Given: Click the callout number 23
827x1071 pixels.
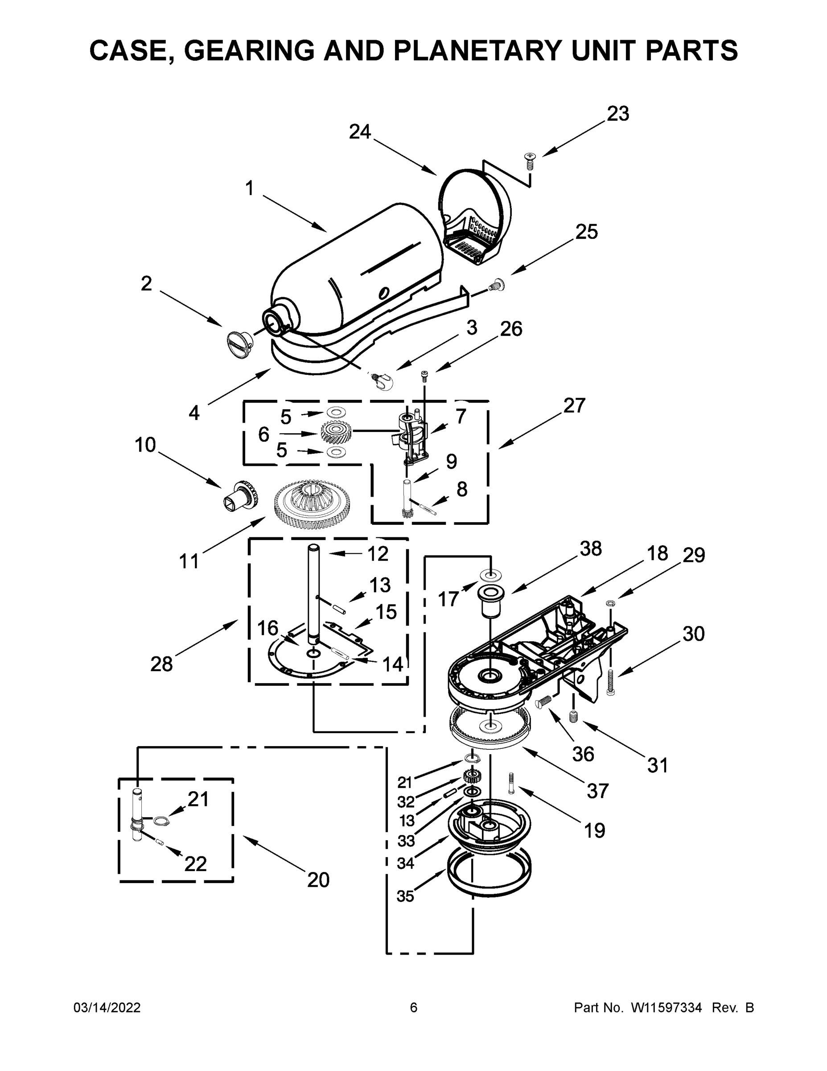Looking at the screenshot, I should click(x=618, y=114).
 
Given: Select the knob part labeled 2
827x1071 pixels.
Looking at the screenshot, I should click(x=239, y=341).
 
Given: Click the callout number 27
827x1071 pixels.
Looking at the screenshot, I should click(x=574, y=406).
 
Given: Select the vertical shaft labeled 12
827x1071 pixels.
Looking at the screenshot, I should click(x=313, y=594).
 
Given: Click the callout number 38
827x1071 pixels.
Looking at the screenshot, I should click(x=591, y=549).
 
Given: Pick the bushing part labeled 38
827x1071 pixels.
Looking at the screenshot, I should click(x=490, y=599).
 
